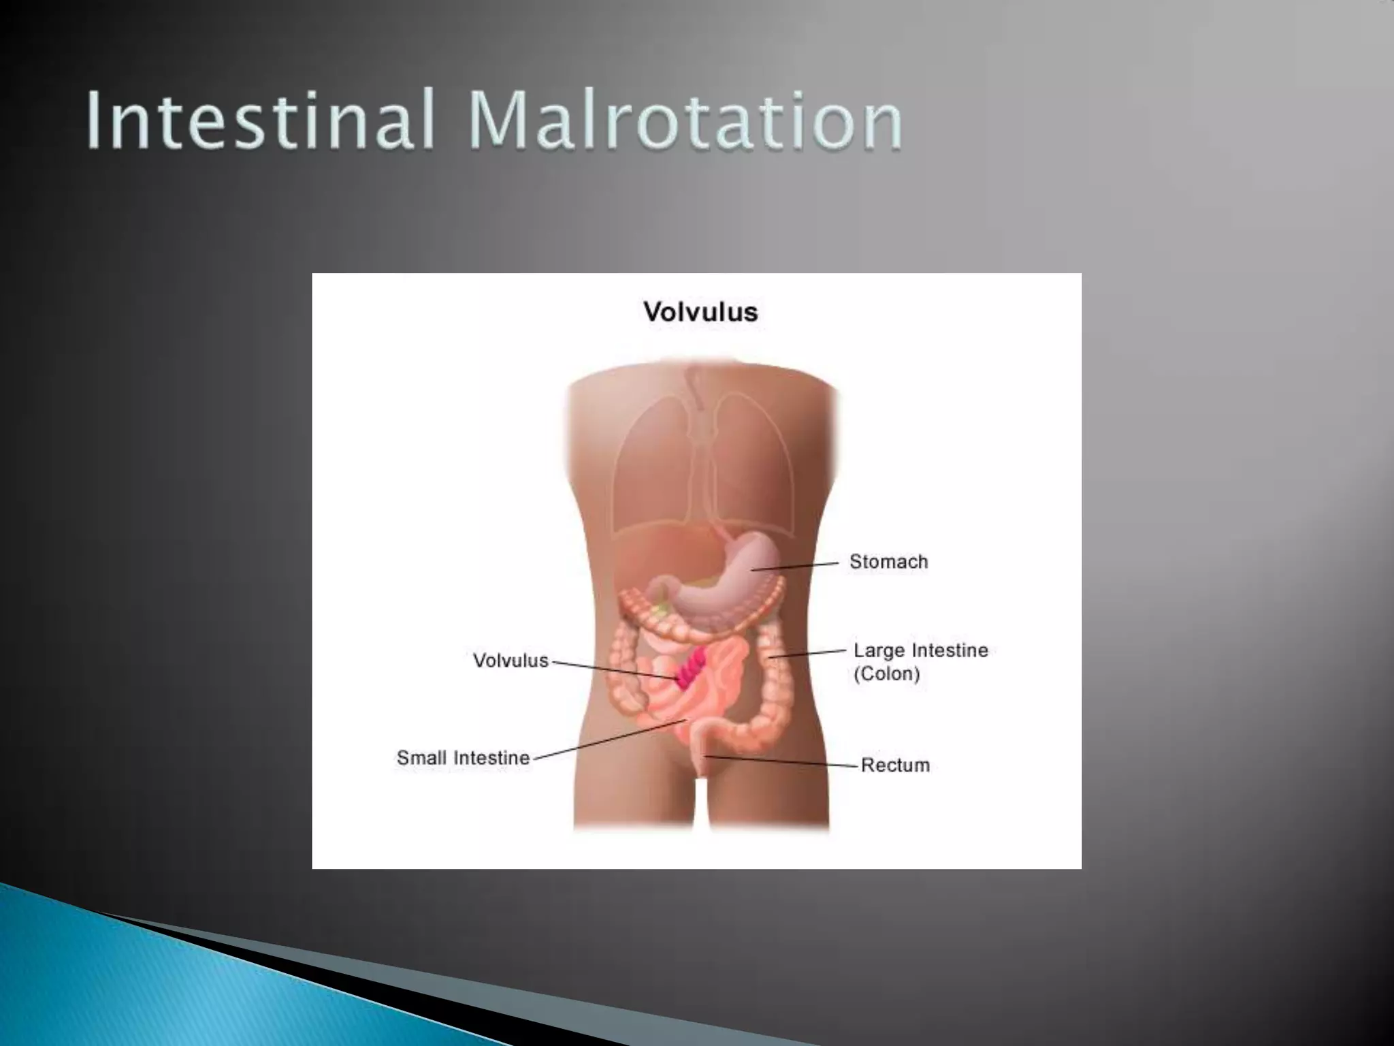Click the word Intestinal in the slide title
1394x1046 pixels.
tap(259, 123)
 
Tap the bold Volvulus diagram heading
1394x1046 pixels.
tap(700, 313)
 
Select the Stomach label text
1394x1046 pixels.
tap(888, 562)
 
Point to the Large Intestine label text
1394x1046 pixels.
tap(920, 650)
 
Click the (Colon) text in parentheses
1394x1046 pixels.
tap(886, 674)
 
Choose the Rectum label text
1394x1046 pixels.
tap(895, 765)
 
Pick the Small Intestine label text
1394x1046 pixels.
tap(463, 758)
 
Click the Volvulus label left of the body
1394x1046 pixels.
tap(510, 661)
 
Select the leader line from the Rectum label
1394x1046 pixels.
tap(783, 761)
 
